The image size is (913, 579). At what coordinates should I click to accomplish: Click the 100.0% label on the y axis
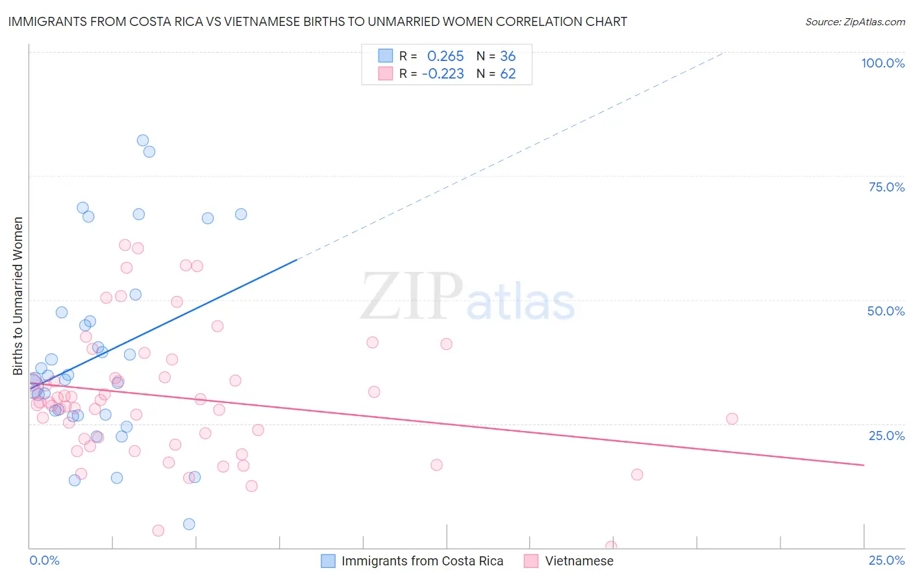[882, 63]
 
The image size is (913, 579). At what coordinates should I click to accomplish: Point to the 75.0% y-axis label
[886, 187]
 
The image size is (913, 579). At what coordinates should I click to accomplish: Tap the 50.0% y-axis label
[886, 311]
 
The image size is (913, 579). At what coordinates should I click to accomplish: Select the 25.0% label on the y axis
[886, 436]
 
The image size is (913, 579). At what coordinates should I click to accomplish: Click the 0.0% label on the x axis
[44, 560]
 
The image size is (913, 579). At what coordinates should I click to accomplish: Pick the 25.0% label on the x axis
[886, 560]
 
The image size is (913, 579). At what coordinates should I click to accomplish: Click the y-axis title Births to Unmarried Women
[18, 296]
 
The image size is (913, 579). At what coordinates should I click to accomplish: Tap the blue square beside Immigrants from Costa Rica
[329, 561]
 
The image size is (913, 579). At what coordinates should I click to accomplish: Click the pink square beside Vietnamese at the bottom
[531, 561]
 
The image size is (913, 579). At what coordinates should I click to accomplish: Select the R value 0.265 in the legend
[445, 56]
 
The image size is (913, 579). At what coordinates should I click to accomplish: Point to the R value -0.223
[443, 74]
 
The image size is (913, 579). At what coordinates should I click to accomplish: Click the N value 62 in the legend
[508, 74]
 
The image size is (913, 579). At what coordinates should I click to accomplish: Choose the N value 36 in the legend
[508, 56]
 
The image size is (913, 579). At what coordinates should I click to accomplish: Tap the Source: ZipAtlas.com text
[855, 21]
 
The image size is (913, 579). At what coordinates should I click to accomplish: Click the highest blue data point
[143, 140]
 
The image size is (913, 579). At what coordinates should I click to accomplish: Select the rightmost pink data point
[732, 419]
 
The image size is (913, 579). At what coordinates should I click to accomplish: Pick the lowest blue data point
[189, 524]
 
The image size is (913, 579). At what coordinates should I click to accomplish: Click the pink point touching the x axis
[610, 547]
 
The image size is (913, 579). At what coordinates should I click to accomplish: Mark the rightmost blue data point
[241, 214]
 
